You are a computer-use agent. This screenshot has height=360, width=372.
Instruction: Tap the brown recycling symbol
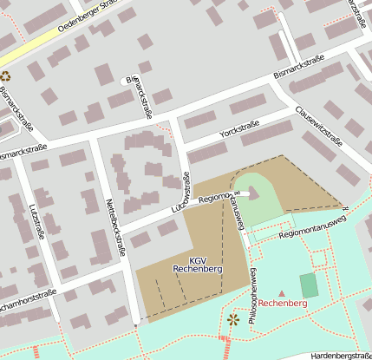[x=5, y=76]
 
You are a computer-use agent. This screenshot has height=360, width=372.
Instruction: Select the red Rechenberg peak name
[x=282, y=304]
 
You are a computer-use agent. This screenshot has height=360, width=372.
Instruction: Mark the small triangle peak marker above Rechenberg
[x=281, y=293]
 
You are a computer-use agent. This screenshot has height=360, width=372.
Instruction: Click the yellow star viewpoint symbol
[x=232, y=320]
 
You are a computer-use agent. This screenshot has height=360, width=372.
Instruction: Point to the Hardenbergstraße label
[x=340, y=355]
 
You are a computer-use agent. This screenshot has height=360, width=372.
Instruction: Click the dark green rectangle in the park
[x=309, y=285]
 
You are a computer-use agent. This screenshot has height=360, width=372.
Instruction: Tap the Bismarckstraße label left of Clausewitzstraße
[x=298, y=67]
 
